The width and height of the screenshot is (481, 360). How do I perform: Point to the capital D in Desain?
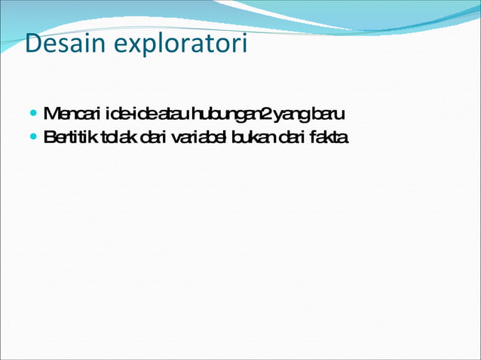click(x=32, y=44)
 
